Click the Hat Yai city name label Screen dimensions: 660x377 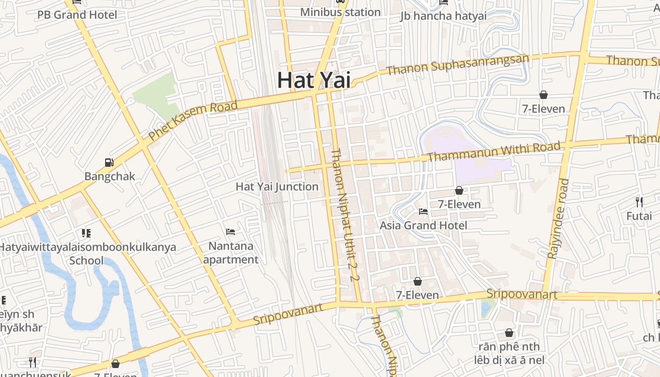pyautogui.click(x=313, y=80)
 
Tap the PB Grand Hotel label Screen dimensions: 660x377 pyautogui.click(x=77, y=15)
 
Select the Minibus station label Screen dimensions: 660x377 pyautogui.click(x=340, y=12)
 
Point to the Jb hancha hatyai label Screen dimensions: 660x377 pyautogui.click(x=443, y=16)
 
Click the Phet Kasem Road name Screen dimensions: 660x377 pyautogui.click(x=193, y=121)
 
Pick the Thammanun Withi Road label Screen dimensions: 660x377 pyautogui.click(x=494, y=152)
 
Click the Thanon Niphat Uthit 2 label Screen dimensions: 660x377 pyautogui.click(x=346, y=214)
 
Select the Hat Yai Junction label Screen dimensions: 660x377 pyautogui.click(x=277, y=187)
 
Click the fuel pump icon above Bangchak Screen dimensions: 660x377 pyautogui.click(x=109, y=163)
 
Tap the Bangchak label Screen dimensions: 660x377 pyautogui.click(x=110, y=177)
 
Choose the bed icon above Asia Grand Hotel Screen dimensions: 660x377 pyautogui.click(x=423, y=212)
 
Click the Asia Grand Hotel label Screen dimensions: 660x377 pyautogui.click(x=423, y=226)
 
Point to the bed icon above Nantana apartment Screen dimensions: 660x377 pyautogui.click(x=231, y=232)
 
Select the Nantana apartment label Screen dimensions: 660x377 pyautogui.click(x=231, y=253)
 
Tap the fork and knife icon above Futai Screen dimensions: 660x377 pyautogui.click(x=639, y=202)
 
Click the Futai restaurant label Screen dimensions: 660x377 pyautogui.click(x=639, y=216)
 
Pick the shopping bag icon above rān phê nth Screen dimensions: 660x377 pyautogui.click(x=509, y=333)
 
